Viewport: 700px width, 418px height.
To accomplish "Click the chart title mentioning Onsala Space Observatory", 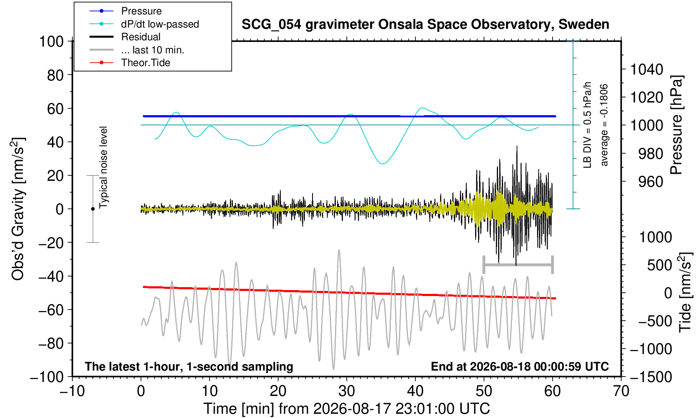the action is point(425,25).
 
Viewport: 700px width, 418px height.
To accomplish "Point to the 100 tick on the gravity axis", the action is point(51,42).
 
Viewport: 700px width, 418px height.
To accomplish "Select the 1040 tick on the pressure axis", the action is point(647,69).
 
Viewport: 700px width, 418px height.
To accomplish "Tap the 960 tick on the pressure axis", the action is point(650,182).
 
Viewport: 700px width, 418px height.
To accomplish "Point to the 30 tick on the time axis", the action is point(346,391).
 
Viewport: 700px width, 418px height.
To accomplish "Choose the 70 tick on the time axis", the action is point(621,391).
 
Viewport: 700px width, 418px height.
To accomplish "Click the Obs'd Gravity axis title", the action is point(18,209).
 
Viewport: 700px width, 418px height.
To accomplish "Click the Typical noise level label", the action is point(103,168).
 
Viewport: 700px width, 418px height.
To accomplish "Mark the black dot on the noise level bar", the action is point(93,209).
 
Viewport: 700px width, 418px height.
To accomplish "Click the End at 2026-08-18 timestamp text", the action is point(520,366).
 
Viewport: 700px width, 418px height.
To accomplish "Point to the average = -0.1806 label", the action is point(604,125).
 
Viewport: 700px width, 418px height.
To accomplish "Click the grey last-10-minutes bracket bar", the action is point(518,265).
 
